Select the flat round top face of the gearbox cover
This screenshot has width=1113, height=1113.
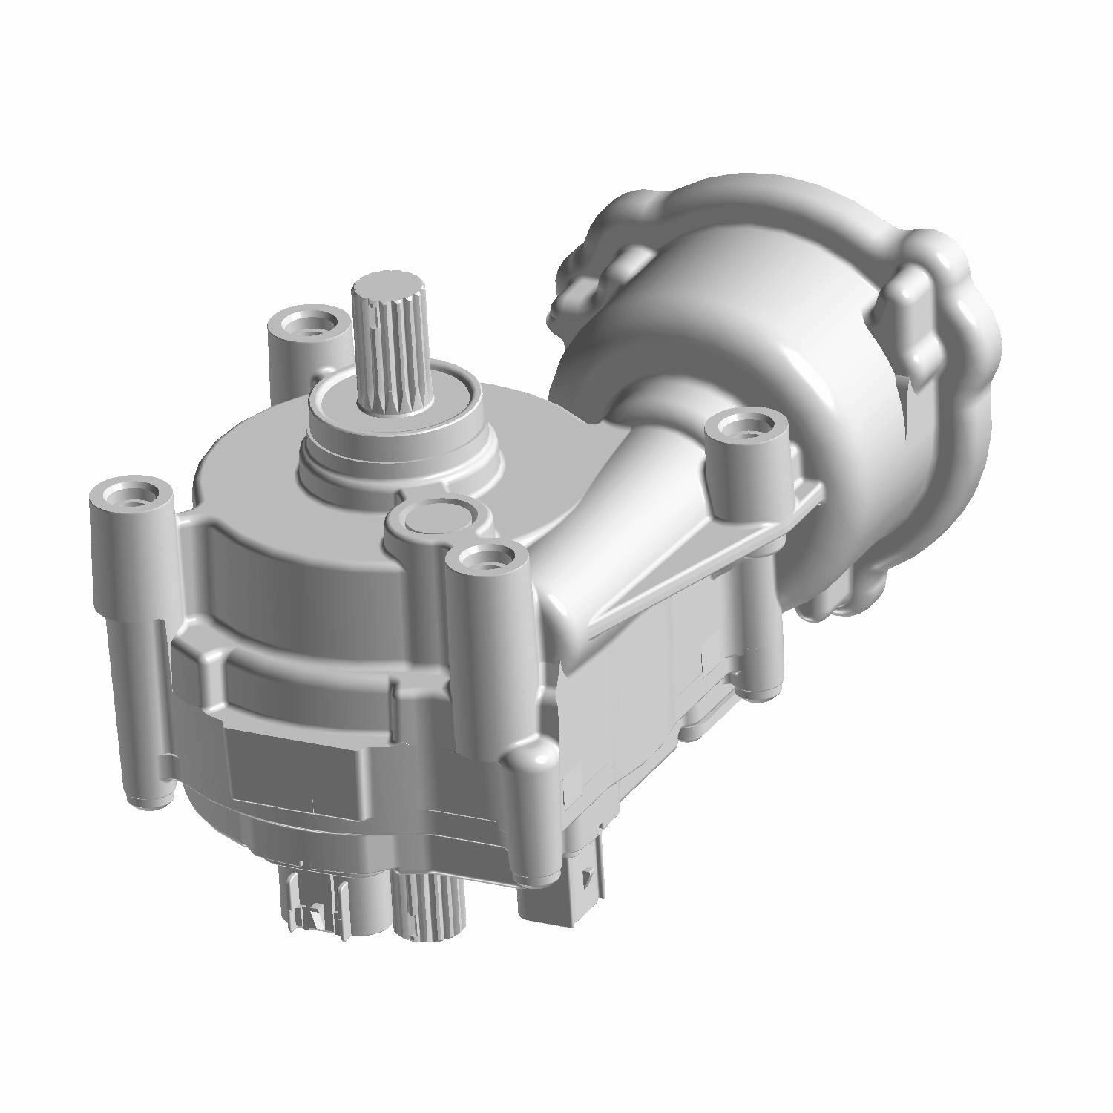click(260, 460)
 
